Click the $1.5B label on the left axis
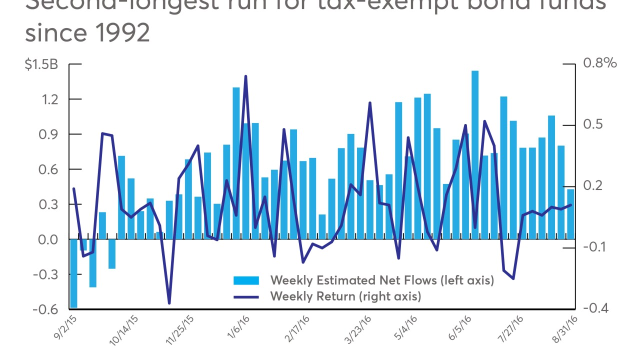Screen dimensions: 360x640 41,64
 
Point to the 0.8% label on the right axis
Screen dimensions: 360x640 600,63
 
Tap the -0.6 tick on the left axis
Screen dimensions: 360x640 45,309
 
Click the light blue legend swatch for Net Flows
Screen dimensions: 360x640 246,280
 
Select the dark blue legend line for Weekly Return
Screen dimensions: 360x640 246,296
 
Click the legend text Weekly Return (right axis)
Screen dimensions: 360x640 345,296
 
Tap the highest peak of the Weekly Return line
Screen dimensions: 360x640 245,76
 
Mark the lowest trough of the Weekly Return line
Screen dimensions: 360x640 169,303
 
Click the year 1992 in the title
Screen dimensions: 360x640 125,32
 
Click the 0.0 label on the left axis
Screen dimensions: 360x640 48,239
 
